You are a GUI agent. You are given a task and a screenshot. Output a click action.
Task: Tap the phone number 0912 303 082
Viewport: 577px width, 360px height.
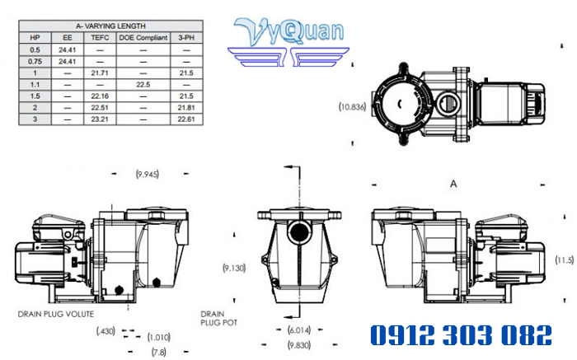pos(459,335)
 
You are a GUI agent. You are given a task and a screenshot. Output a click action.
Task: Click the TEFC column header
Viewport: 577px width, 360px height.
pos(101,37)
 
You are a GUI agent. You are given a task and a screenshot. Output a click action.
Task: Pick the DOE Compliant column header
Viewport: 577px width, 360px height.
pos(143,37)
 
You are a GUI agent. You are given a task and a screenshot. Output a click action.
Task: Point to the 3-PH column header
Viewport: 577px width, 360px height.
pos(186,37)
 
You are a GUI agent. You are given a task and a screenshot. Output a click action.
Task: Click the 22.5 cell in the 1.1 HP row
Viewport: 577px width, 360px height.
pos(143,84)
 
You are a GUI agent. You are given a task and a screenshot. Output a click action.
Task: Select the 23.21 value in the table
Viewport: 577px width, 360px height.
pos(101,119)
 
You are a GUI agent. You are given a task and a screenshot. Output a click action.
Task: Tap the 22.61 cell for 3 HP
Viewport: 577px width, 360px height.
pos(186,119)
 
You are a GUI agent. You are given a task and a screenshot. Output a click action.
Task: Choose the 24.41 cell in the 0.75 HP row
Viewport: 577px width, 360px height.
pos(68,61)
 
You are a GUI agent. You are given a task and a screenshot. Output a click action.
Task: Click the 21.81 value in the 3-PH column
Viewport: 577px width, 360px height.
pos(186,107)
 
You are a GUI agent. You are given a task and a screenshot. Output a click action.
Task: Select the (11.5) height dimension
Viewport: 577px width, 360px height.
pos(563,259)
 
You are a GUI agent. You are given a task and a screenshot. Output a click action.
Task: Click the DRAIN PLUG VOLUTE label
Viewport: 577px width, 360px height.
pos(55,314)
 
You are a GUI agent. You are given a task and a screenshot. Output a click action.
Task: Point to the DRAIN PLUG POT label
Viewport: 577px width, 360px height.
pos(218,318)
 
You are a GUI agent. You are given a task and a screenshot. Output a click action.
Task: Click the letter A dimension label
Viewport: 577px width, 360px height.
pos(452,182)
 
